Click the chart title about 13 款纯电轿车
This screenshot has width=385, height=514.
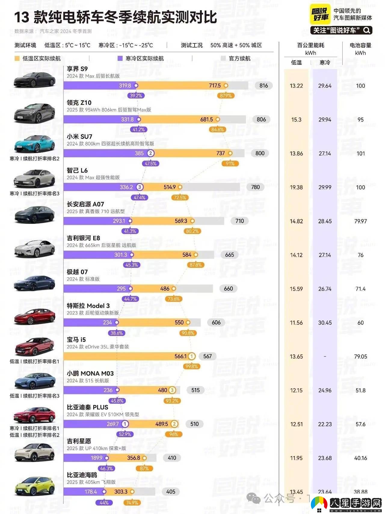(x=115, y=17)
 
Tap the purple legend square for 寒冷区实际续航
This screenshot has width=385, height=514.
(x=120, y=58)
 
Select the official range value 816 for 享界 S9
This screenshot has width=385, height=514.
(x=263, y=86)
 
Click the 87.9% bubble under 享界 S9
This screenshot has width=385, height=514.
(x=226, y=96)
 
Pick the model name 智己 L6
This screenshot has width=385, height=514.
(x=77, y=170)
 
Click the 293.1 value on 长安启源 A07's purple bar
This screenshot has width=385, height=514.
(x=119, y=221)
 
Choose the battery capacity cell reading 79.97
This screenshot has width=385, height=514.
(x=360, y=221)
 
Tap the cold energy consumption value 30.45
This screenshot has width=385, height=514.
(x=325, y=323)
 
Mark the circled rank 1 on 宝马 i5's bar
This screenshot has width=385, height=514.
(x=192, y=356)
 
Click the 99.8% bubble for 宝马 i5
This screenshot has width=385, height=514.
(x=192, y=366)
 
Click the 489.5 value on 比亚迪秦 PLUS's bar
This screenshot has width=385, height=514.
(x=162, y=424)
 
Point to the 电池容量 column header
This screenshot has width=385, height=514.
(x=360, y=45)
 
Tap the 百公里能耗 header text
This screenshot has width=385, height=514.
(x=310, y=45)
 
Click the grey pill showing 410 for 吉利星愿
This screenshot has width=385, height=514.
(x=172, y=458)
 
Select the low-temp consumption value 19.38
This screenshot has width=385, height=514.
(x=296, y=187)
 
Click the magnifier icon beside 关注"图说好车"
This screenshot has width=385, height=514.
(x=367, y=30)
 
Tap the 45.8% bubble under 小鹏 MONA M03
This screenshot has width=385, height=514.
(x=117, y=401)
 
